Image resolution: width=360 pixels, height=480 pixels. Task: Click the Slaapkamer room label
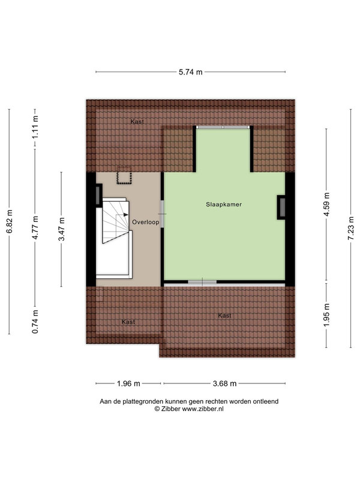(x=224, y=205)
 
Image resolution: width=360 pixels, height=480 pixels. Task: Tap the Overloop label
(x=146, y=222)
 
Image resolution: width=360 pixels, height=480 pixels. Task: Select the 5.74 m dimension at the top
(x=191, y=72)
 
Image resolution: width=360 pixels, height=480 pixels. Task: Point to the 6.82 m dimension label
(x=9, y=221)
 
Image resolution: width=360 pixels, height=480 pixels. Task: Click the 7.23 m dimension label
(x=351, y=228)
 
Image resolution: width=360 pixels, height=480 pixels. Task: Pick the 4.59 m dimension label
(x=326, y=205)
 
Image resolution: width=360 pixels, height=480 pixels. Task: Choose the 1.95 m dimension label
(x=326, y=316)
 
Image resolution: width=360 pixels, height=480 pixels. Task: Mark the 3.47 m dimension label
(x=62, y=229)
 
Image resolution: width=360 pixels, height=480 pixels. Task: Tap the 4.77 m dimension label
(x=35, y=228)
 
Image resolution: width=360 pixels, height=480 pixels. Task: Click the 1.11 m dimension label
(x=35, y=127)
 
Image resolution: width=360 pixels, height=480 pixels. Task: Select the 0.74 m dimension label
(x=35, y=322)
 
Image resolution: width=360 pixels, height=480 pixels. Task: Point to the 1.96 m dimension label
(x=128, y=383)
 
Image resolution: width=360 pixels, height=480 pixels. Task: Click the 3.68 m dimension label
(x=224, y=383)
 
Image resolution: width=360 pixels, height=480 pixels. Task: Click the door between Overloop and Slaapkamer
(x=163, y=214)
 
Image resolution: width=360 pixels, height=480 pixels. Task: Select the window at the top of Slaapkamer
(x=223, y=127)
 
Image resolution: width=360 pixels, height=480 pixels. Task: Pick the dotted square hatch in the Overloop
(x=124, y=176)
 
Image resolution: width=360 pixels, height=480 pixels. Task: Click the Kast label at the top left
(x=137, y=122)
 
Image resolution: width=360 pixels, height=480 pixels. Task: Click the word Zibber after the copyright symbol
(x=170, y=409)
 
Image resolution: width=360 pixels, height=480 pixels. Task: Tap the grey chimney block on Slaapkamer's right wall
(x=281, y=207)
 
